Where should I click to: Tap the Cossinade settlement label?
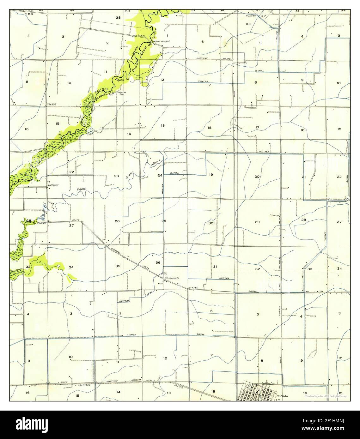[x=172, y=278]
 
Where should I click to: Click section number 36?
[x=158, y=263]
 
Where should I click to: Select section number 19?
[x=211, y=175]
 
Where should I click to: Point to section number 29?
[x=257, y=222]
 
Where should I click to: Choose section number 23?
[x=116, y=176]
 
